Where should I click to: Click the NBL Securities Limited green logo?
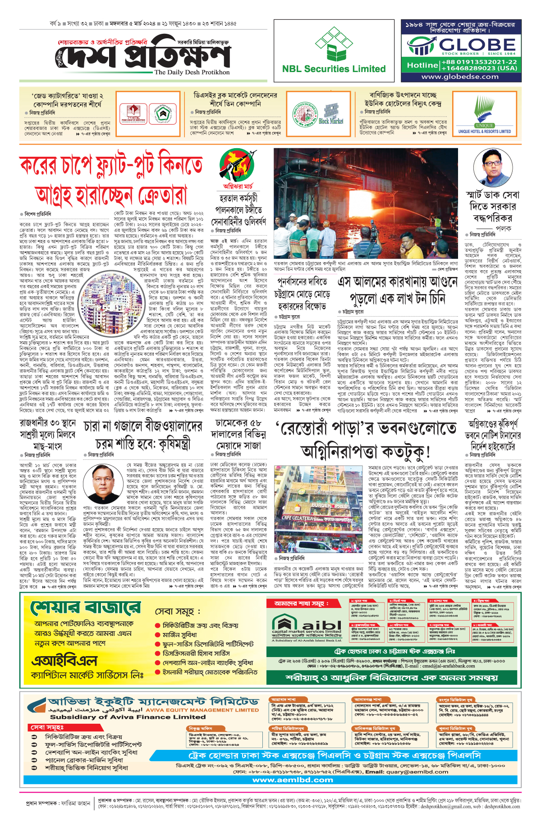coord(334,45)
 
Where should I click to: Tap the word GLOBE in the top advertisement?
coord(477,45)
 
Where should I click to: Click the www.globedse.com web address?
coord(459,77)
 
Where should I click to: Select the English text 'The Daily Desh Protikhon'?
coord(192,72)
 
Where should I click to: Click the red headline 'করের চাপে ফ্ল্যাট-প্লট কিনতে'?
coord(111,165)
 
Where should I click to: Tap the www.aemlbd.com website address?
coord(293,780)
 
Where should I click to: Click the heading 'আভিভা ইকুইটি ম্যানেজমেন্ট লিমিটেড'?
coord(153,702)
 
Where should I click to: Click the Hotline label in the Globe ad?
coord(422,65)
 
